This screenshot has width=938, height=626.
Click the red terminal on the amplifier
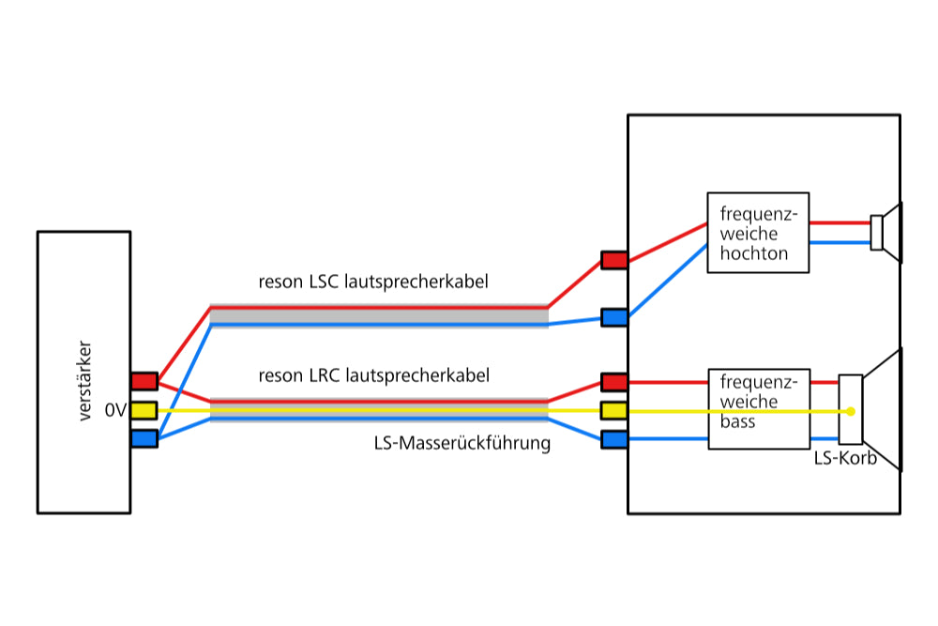tap(144, 381)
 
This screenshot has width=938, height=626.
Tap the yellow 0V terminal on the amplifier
tap(144, 410)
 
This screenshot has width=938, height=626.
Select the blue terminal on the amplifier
tap(144, 438)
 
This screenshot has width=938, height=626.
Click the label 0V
tap(115, 410)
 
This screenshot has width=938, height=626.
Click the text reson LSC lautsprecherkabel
tap(373, 282)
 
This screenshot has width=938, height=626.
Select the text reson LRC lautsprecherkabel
tap(374, 375)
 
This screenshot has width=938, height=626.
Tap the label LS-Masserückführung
tap(461, 443)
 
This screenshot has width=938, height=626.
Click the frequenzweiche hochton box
tap(757, 233)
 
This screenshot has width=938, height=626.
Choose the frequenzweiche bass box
tap(757, 407)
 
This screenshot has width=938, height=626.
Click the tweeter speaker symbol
tap(886, 233)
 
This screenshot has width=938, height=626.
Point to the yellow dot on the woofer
tap(850, 411)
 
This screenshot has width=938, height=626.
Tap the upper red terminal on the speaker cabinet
tap(613, 260)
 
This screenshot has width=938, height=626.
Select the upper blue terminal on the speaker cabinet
tap(613, 317)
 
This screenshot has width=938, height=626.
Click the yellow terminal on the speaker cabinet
tap(613, 410)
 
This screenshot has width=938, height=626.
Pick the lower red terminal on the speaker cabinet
tap(613, 382)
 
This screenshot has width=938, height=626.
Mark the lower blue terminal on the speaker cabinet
tap(613, 439)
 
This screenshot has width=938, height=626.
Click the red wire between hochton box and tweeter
tap(840, 223)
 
